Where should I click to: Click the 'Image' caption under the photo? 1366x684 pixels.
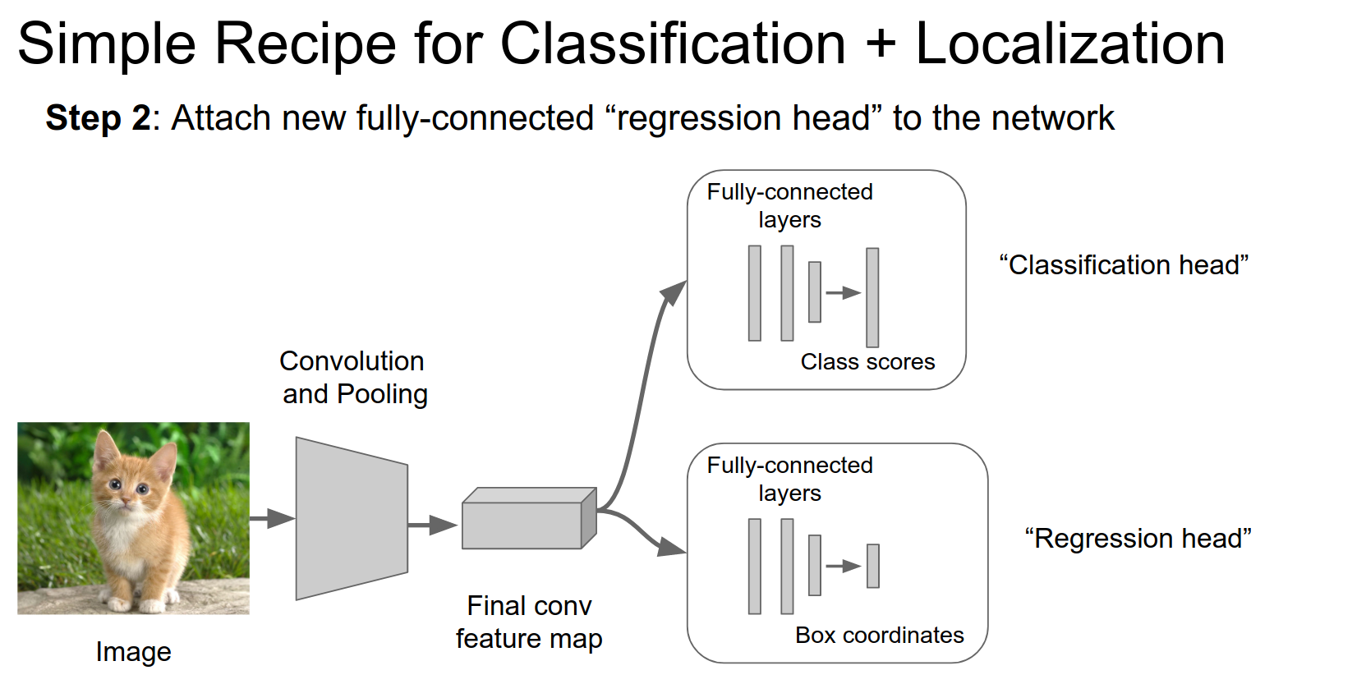tap(133, 652)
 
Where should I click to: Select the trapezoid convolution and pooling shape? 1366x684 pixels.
tap(352, 518)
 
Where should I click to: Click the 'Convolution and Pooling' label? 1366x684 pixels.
tap(353, 378)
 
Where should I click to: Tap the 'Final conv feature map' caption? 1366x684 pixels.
tap(529, 622)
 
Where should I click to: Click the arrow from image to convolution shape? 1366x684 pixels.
tap(272, 518)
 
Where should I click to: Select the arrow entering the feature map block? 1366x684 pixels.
tap(432, 525)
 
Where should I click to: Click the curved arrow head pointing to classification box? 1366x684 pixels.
tap(675, 291)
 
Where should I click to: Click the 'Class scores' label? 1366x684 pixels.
tap(867, 362)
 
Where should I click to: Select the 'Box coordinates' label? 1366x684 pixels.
tap(879, 636)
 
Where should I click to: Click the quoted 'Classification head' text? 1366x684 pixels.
tap(1123, 265)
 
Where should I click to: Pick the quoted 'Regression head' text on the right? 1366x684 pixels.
tap(1138, 539)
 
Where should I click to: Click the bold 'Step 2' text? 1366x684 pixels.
tap(98, 118)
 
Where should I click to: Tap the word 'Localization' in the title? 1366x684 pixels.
tap(1069, 44)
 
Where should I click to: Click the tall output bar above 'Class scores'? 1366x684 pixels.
tap(872, 297)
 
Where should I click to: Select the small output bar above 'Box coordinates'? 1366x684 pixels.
tap(872, 566)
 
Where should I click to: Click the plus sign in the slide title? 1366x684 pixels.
tap(881, 44)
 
